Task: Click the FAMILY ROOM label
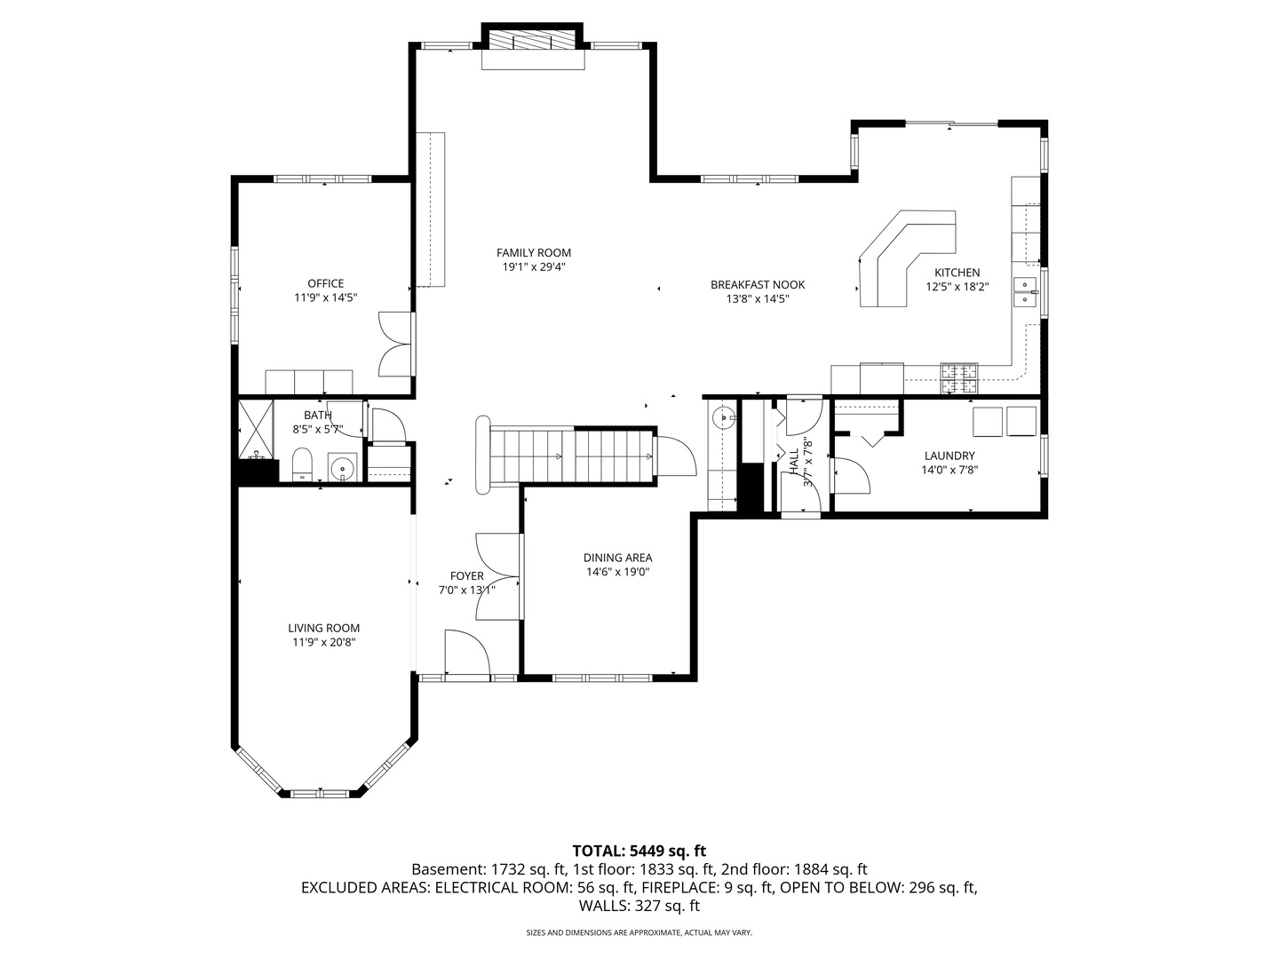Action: pyautogui.click(x=533, y=253)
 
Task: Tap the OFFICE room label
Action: pyautogui.click(x=326, y=283)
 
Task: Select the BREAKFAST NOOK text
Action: pyautogui.click(x=758, y=285)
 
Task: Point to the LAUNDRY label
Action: pyautogui.click(x=949, y=456)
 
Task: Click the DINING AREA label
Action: pyautogui.click(x=617, y=558)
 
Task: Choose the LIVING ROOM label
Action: pyautogui.click(x=324, y=629)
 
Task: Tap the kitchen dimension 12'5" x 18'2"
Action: pyautogui.click(x=957, y=287)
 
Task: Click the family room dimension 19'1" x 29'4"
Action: pyautogui.click(x=534, y=267)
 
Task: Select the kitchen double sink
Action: pyautogui.click(x=1025, y=292)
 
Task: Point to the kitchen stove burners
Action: pyautogui.click(x=958, y=377)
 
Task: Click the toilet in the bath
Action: pyautogui.click(x=302, y=464)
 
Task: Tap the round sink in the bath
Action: pyautogui.click(x=342, y=467)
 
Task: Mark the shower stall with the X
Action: pyautogui.click(x=257, y=430)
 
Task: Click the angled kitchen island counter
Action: pyautogui.click(x=907, y=258)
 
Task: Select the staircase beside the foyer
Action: pyautogui.click(x=570, y=456)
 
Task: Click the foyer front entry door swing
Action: pyautogui.click(x=466, y=652)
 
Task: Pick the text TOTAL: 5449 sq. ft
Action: pyautogui.click(x=639, y=851)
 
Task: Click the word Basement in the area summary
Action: pyautogui.click(x=448, y=869)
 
